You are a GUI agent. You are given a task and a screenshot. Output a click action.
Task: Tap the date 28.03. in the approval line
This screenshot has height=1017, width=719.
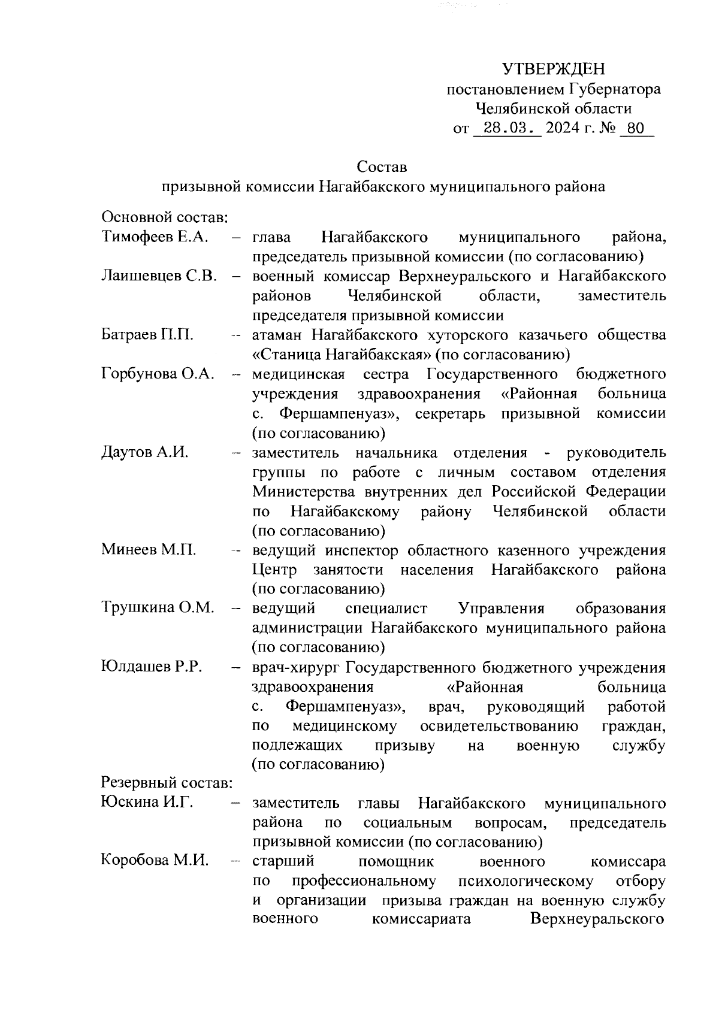tap(507, 129)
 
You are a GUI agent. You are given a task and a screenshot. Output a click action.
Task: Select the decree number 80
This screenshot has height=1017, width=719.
tap(636, 129)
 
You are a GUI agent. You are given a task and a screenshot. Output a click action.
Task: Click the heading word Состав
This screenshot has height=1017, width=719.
tap(382, 166)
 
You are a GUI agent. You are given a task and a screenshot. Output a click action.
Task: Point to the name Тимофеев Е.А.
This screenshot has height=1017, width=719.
tap(155, 237)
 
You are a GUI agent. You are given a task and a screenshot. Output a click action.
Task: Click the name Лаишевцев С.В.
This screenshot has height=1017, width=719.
tap(159, 276)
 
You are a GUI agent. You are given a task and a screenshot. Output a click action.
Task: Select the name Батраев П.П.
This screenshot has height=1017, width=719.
tap(147, 334)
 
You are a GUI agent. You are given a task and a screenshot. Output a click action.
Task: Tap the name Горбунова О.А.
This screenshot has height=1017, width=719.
tap(158, 374)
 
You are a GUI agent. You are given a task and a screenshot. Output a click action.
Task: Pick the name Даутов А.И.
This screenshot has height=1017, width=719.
tap(145, 452)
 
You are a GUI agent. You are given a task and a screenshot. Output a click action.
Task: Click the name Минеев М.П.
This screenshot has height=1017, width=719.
tap(149, 549)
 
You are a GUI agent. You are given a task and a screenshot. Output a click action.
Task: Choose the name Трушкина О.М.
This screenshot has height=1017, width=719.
tap(158, 608)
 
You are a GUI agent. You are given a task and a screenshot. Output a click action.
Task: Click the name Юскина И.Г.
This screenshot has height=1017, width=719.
tap(147, 802)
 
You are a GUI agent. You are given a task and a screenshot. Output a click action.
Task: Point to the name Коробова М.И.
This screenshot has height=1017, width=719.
tap(155, 861)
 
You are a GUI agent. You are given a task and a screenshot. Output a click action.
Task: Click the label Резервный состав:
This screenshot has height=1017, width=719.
tap(167, 782)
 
